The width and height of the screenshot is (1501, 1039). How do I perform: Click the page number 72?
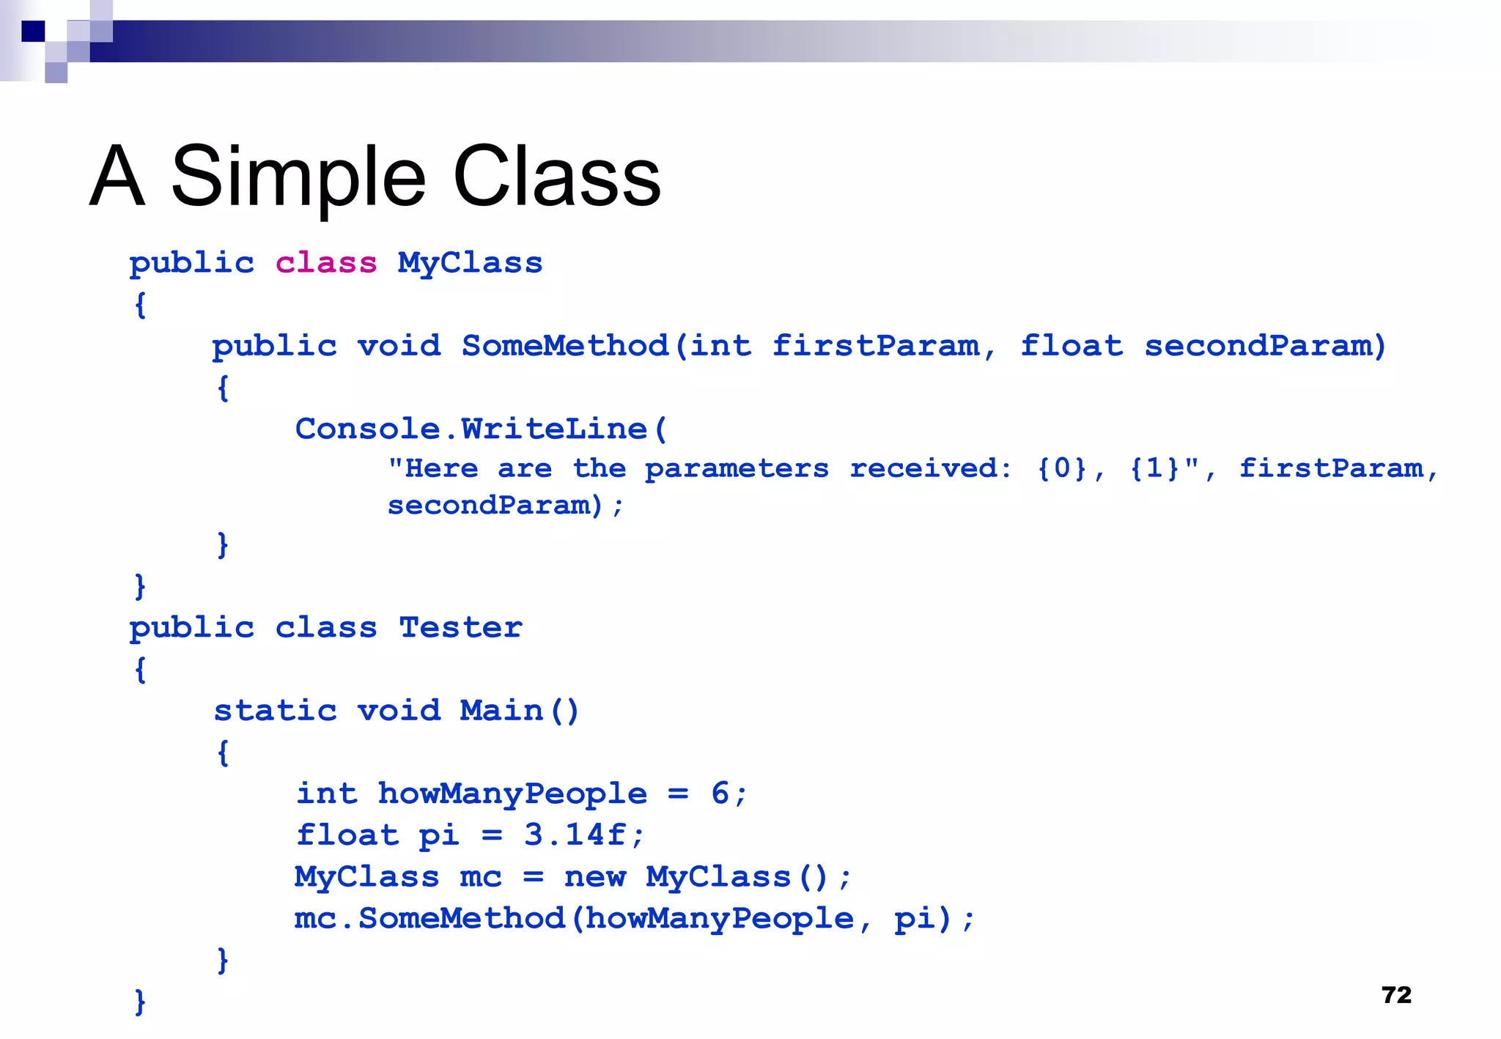pos(1395,994)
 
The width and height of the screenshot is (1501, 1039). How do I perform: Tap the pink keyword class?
pos(326,262)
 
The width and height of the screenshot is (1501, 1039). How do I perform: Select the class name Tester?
pos(460,627)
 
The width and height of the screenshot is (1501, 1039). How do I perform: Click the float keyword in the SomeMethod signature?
pos(1071,345)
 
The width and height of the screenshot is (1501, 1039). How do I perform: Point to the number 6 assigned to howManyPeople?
pos(720,793)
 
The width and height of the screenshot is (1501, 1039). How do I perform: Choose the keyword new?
pos(595,876)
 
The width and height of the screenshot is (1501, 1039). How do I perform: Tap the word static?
pos(275,710)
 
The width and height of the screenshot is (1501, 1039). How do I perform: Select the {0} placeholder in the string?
pos(1061,467)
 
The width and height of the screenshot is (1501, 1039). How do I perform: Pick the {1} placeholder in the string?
pos(1154,467)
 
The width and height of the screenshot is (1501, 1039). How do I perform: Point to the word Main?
pos(501,710)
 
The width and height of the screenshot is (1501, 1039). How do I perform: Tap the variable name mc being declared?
pos(480,876)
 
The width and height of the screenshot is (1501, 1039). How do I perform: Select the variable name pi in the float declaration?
pos(438,835)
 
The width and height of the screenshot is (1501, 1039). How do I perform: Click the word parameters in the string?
pos(737,469)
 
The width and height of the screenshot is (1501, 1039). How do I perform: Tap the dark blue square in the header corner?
pos(33,32)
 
